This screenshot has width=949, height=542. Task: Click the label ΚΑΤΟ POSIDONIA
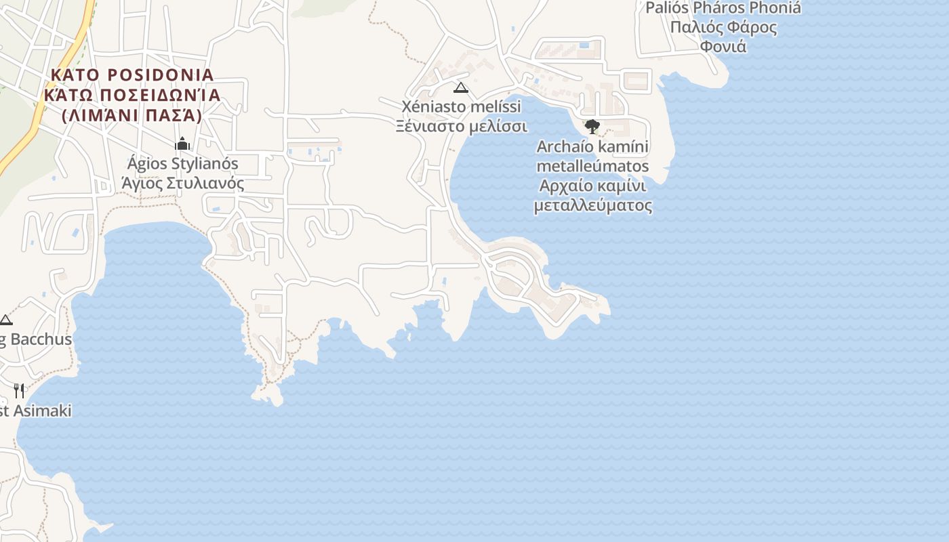pos(132,75)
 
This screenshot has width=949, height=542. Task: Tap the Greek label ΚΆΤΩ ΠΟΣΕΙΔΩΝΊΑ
pos(132,95)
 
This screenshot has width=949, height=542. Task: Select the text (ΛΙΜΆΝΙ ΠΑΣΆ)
pos(132,116)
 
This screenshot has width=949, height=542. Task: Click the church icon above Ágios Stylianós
pos(182,144)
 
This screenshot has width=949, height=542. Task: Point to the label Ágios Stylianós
pos(183,164)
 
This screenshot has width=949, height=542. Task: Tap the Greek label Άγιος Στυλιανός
pos(183,184)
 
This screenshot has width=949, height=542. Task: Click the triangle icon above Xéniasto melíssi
pos(461,87)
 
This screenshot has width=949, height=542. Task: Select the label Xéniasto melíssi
pos(462,107)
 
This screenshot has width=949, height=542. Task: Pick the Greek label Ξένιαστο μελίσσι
pos(462,127)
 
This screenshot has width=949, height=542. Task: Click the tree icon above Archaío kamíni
pos(592,126)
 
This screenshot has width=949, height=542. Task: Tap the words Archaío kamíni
pos(593,146)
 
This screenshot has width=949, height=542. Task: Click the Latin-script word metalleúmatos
pos(593,166)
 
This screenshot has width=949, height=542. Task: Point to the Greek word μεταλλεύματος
pos(593,205)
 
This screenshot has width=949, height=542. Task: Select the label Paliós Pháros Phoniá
pos(723,8)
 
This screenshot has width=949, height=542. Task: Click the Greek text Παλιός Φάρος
pos(723,28)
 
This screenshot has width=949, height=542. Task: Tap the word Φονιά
pos(723,47)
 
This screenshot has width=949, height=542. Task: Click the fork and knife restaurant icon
pos(19,390)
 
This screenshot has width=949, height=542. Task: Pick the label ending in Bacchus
pos(37,339)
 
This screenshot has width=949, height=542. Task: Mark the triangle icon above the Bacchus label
pos(6,320)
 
